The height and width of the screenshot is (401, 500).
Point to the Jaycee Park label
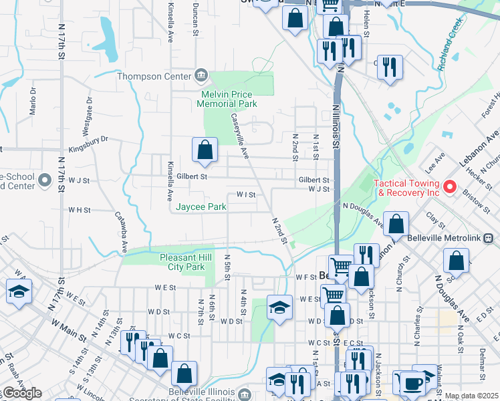[x=201, y=207]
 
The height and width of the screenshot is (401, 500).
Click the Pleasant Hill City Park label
[x=182, y=262]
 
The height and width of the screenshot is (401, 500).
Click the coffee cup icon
[x=412, y=383]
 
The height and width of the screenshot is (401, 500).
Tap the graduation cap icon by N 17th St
[x=19, y=291]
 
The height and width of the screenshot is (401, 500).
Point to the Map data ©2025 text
[x=471, y=396]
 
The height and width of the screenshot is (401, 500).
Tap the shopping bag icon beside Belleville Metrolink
[x=396, y=225]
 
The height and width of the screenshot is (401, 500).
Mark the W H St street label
[x=79, y=209]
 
